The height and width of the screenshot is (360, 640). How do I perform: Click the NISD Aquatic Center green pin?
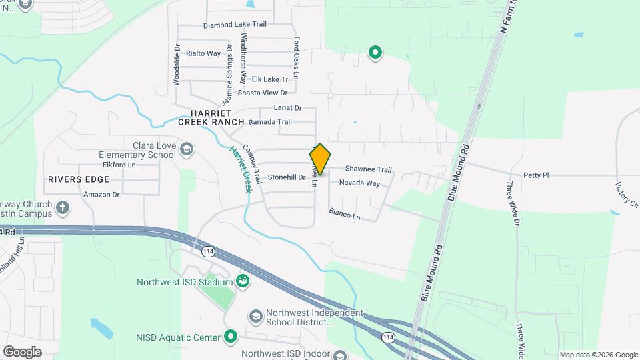(x=231, y=336)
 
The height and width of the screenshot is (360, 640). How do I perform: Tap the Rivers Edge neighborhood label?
(x=78, y=179)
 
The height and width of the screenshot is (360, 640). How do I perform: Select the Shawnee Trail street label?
(x=368, y=169)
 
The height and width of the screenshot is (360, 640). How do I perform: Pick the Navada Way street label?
(x=359, y=183)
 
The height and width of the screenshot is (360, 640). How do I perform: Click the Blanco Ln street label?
(x=344, y=214)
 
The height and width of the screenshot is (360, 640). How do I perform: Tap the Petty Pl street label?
(x=535, y=175)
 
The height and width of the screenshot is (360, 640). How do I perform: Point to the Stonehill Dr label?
(x=287, y=177)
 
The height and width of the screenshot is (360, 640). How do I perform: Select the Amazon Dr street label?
(x=101, y=195)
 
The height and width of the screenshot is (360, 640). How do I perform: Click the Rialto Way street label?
(x=203, y=53)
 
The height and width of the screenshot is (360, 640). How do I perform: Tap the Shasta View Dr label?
(x=263, y=93)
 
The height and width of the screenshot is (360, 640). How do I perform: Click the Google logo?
(x=22, y=351)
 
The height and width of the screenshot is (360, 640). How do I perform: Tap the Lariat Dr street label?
(x=288, y=107)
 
